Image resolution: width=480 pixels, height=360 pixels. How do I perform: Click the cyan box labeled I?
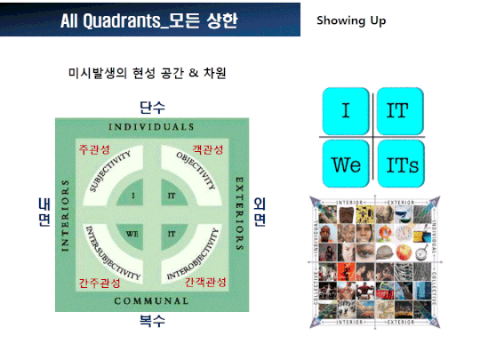pyautogui.click(x=345, y=111)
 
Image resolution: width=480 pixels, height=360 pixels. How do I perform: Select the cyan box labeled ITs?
pyautogui.click(x=398, y=164)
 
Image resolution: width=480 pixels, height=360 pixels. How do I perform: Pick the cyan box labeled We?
pyautogui.click(x=345, y=164)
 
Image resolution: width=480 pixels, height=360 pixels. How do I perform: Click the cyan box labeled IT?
pyautogui.click(x=398, y=111)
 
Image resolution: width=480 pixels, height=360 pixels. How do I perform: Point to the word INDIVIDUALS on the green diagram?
pyautogui.click(x=152, y=126)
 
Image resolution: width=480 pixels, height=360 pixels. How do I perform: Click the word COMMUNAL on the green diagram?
pyautogui.click(x=152, y=300)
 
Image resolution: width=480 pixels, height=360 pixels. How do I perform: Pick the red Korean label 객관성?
pyautogui.click(x=208, y=149)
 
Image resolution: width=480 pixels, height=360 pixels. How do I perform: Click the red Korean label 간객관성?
pyautogui.click(x=205, y=282)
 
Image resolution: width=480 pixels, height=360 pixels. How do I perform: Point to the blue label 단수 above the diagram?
pyautogui.click(x=152, y=108)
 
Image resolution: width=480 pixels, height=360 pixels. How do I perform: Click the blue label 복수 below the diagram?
pyautogui.click(x=152, y=320)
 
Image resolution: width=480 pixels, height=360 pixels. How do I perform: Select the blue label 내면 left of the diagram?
pyautogui.click(x=42, y=212)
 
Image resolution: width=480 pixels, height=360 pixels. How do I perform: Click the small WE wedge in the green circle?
pyautogui.click(x=133, y=234)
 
